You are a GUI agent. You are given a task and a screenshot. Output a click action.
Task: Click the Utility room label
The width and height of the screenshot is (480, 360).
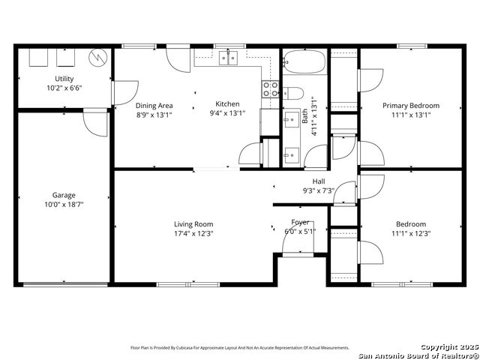64,79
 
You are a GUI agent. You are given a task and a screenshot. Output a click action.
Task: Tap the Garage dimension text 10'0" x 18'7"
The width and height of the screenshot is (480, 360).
64,205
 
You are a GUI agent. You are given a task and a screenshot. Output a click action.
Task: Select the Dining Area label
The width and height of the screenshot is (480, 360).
154,106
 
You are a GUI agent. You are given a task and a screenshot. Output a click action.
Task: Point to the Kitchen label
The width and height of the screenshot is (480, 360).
227,103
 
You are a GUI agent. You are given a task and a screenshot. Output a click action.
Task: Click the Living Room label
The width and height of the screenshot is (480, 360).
193,224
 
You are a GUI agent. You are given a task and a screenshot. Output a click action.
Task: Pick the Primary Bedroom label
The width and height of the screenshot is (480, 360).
411,106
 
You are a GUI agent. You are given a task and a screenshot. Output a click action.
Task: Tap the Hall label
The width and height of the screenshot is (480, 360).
319,181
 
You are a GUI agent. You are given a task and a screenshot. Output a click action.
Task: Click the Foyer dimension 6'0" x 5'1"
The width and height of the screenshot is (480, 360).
300,232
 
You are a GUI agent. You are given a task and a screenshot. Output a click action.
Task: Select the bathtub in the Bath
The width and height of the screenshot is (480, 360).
304,62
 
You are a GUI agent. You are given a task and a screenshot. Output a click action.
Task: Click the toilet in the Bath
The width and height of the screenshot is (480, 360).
293,93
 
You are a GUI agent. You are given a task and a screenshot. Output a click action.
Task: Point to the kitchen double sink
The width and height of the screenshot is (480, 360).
228,58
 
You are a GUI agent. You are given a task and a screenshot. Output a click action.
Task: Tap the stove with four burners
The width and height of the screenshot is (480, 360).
271,89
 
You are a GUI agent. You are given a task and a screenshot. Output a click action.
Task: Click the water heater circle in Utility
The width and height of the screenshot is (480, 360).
98,57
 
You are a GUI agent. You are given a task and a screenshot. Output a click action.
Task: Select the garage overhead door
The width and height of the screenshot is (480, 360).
66,284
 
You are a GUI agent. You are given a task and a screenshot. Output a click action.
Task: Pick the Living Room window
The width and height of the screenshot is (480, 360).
188,285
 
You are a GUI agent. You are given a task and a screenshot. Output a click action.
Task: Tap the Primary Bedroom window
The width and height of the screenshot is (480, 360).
412,46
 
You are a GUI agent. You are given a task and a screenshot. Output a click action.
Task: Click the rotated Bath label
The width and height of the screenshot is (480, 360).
305,116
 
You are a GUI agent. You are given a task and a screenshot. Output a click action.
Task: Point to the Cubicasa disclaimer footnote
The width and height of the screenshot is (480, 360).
240,348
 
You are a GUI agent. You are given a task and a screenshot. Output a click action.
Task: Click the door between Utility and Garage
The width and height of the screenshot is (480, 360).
95,122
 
